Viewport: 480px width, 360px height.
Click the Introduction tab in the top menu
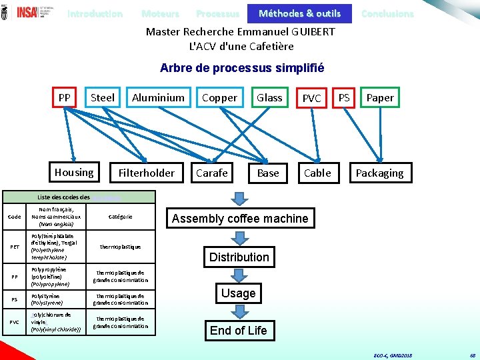pyautogui.click(x=95, y=13)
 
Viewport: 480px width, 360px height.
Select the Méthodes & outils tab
pyautogui.click(x=299, y=13)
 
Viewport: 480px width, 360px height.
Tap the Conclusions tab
pyautogui.click(x=387, y=13)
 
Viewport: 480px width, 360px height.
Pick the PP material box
pyautogui.click(x=65, y=97)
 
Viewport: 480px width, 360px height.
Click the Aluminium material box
pyautogui.click(x=158, y=97)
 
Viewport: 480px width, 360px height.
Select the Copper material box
pyautogui.click(x=219, y=97)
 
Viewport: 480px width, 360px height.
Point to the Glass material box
pyautogui.click(x=269, y=97)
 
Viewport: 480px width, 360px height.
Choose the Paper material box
pyautogui.click(x=380, y=97)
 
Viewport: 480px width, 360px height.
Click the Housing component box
pyautogui.click(x=74, y=172)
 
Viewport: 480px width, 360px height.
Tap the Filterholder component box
pyautogui.click(x=146, y=173)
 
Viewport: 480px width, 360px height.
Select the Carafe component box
pyautogui.click(x=212, y=173)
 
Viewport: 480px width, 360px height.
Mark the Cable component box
pyautogui.click(x=317, y=173)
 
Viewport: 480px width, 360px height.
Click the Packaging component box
pyautogui.click(x=379, y=173)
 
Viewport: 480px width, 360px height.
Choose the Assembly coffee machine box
pyautogui.click(x=240, y=218)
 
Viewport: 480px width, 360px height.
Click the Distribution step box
pyautogui.click(x=239, y=257)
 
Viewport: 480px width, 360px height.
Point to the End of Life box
pyautogui.click(x=238, y=330)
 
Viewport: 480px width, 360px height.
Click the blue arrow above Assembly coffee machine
pyautogui.click(x=239, y=197)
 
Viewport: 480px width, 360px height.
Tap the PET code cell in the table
pyautogui.click(x=14, y=247)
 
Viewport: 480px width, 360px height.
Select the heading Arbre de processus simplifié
pyautogui.click(x=242, y=68)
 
